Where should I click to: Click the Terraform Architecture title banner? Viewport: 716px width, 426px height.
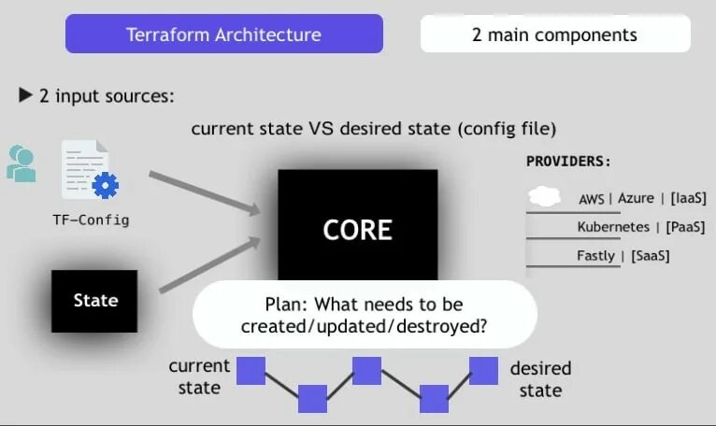click(x=223, y=35)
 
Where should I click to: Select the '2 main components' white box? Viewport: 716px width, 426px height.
click(x=554, y=35)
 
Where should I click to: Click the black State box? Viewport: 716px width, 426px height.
click(x=95, y=301)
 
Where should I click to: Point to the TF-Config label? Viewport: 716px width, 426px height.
click(x=91, y=220)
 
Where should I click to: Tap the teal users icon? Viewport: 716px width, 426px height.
click(x=21, y=163)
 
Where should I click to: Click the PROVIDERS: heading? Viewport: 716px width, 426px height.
click(x=568, y=161)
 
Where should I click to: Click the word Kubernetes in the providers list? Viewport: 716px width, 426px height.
click(x=613, y=227)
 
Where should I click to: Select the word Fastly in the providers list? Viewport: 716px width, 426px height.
click(x=596, y=255)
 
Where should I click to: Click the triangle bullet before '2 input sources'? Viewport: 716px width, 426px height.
click(x=26, y=95)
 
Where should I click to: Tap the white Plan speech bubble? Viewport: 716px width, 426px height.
click(x=365, y=315)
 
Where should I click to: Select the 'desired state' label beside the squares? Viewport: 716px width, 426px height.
click(x=540, y=378)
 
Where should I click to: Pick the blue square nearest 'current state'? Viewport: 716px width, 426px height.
click(x=251, y=370)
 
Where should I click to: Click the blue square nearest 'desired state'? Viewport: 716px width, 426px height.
click(x=483, y=370)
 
